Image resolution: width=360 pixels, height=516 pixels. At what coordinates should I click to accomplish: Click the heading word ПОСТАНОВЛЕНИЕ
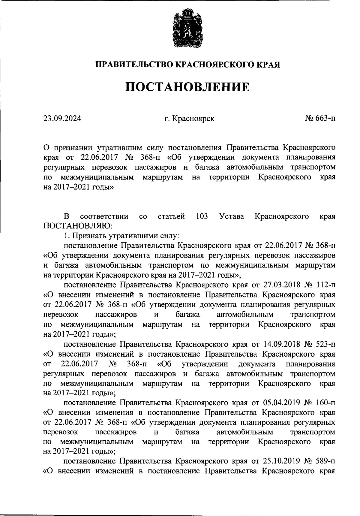(187, 87)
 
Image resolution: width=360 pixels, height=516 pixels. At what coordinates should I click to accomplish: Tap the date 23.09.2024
(62, 118)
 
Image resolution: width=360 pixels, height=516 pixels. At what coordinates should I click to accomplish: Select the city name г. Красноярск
(189, 118)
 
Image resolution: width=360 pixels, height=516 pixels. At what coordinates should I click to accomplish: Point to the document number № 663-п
(320, 118)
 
